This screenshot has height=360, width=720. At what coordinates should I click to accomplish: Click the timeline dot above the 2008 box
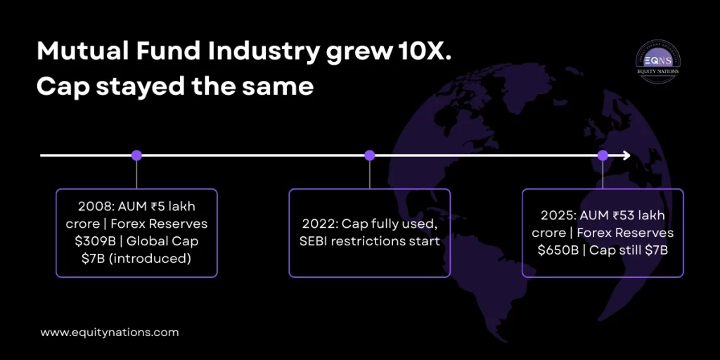136,155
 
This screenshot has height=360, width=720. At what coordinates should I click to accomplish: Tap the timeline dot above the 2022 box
370,155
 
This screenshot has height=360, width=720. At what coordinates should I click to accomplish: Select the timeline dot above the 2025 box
603,155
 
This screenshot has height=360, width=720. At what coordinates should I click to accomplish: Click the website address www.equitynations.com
109,333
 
